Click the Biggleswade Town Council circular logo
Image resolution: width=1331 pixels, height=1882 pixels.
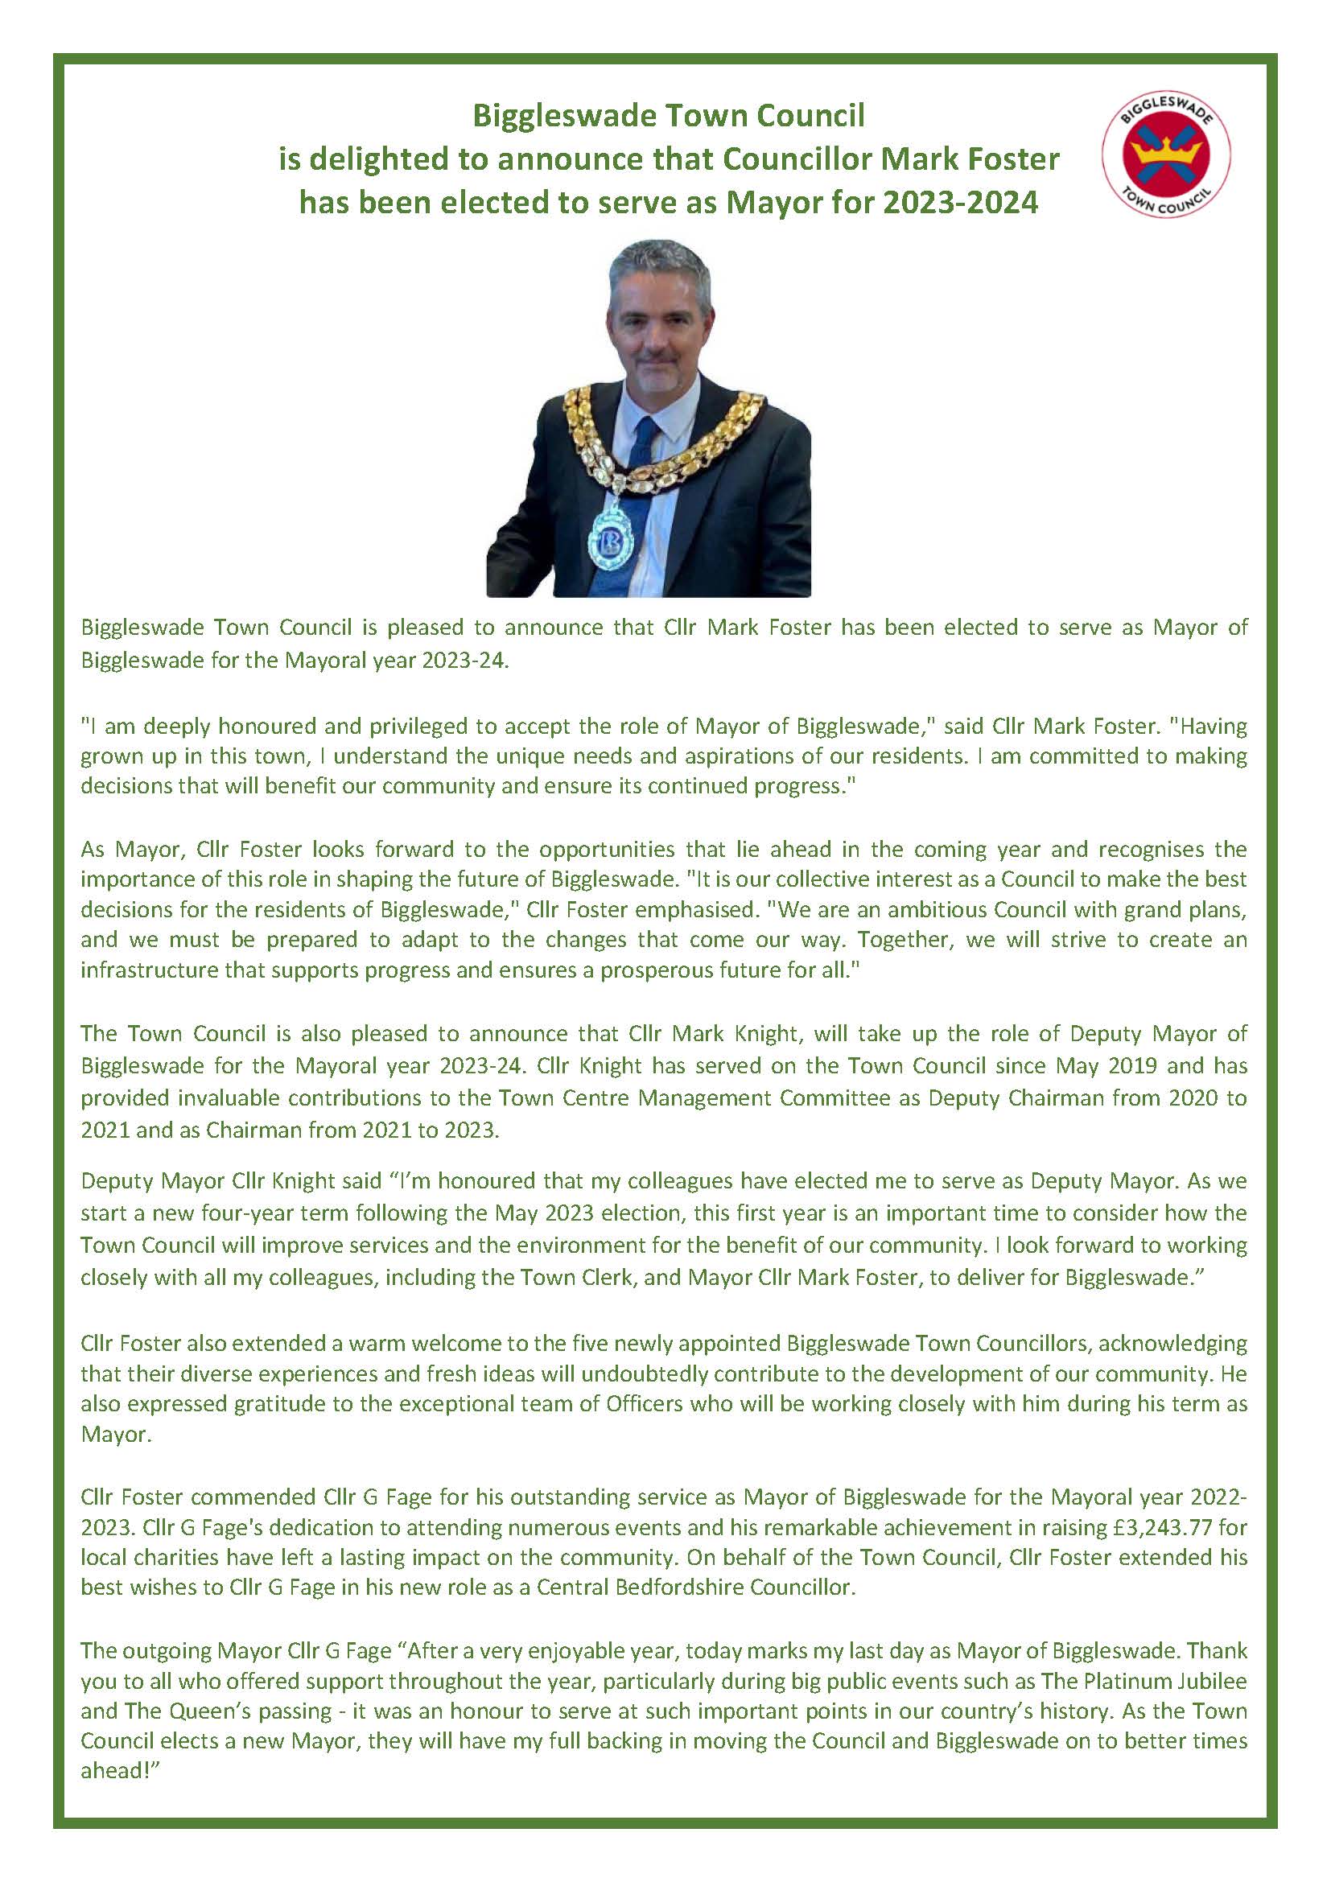pos(1166,156)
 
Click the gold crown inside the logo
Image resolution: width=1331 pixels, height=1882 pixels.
pos(1165,150)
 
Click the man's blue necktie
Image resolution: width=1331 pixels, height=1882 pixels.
pos(645,467)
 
